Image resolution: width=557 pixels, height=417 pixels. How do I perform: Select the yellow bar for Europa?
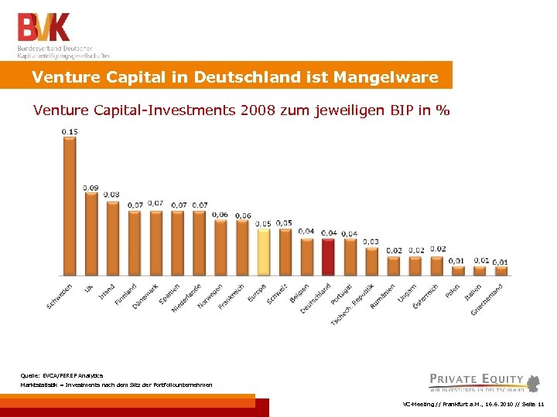(x=264, y=252)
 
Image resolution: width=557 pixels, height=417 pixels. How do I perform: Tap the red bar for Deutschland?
(x=329, y=256)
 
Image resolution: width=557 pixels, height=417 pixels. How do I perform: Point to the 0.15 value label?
(x=70, y=131)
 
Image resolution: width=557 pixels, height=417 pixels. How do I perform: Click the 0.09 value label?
(x=91, y=188)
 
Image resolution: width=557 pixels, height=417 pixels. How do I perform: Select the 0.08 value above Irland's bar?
(x=112, y=195)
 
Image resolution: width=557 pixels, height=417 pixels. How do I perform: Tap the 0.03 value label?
(x=371, y=242)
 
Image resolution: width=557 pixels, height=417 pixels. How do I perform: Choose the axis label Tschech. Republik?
(x=349, y=303)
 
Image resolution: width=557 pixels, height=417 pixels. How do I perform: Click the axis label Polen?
(x=453, y=292)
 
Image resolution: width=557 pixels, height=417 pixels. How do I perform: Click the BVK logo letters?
(x=44, y=27)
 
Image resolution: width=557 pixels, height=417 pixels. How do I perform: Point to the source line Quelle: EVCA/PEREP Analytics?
(x=56, y=375)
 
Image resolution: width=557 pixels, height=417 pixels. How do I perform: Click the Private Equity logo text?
(x=477, y=379)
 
